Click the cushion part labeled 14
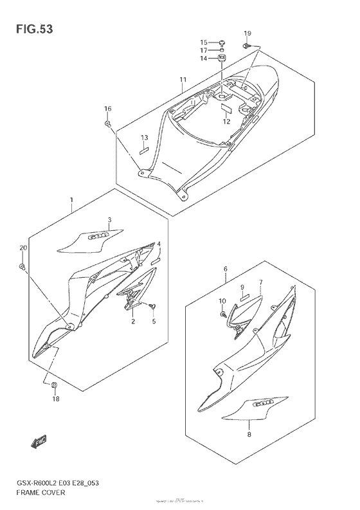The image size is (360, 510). tap(222, 60)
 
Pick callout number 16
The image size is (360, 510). tap(108, 109)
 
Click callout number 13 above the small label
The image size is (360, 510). tap(145, 138)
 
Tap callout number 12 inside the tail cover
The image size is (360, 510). tap(226, 121)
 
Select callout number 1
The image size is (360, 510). tap(72, 201)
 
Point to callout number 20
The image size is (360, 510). tap(23, 248)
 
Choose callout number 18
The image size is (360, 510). tap(55, 399)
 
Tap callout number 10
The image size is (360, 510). tap(222, 300)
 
